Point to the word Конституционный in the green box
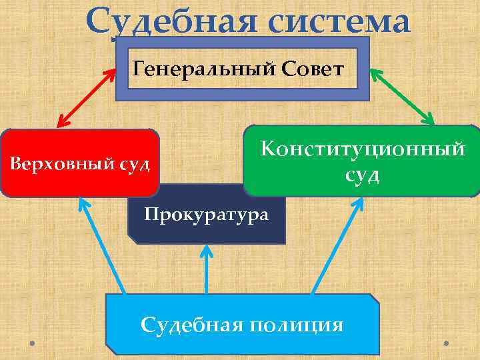(363, 149)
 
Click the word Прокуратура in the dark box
(207, 215)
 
